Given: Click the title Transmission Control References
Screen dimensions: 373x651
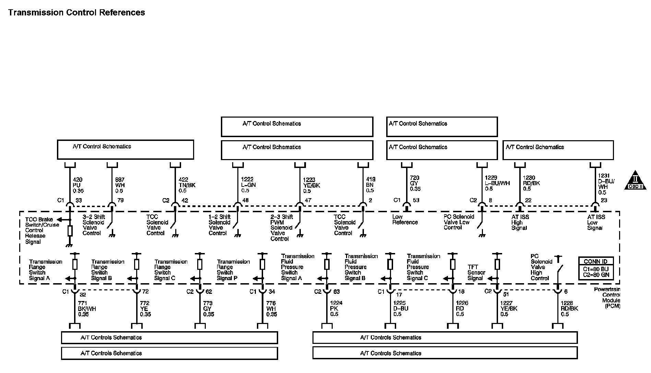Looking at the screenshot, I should click(x=76, y=13).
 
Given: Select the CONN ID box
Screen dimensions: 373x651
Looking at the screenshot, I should click(x=595, y=268).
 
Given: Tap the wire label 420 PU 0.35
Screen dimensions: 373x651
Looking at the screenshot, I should click(x=78, y=185).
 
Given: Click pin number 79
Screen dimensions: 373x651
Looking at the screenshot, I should click(x=120, y=201).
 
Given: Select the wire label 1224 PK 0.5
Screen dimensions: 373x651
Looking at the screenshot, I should click(x=336, y=309).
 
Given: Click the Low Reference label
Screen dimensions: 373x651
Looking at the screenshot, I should click(x=405, y=219).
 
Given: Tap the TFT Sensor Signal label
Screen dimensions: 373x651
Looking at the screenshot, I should click(x=476, y=273).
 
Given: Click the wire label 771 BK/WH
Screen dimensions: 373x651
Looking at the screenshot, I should click(x=87, y=309).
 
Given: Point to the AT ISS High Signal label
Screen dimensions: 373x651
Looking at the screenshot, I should click(x=520, y=222).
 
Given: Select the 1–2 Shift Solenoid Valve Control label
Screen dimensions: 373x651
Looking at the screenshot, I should click(x=220, y=225).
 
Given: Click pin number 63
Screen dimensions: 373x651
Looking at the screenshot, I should click(x=336, y=292).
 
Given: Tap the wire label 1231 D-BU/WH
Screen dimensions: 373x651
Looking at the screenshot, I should click(x=606, y=184).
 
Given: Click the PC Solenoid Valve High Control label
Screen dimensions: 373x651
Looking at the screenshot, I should click(x=541, y=267).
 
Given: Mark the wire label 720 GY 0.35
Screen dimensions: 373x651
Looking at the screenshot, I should click(x=415, y=183).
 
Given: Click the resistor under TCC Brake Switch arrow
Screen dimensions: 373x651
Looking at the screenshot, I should click(x=70, y=231).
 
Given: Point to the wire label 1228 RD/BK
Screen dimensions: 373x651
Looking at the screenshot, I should click(x=569, y=309).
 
